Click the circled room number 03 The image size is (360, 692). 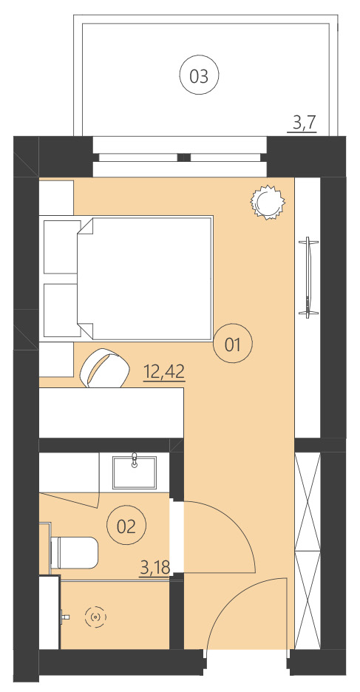pyautogui.click(x=199, y=75)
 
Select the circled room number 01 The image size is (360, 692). pyautogui.click(x=233, y=344)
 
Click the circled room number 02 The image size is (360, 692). pyautogui.click(x=126, y=527)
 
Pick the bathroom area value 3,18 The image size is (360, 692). pyautogui.click(x=154, y=568)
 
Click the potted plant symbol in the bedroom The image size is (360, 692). pyautogui.click(x=267, y=201)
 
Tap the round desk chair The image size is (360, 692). pyautogui.click(x=103, y=367)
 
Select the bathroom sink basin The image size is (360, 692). pyautogui.click(x=134, y=472)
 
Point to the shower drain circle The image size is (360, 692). pyautogui.click(x=95, y=616)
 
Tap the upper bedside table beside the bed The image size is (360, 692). pyautogui.click(x=61, y=246)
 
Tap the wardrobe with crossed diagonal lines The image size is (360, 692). pyautogui.click(x=307, y=551)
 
